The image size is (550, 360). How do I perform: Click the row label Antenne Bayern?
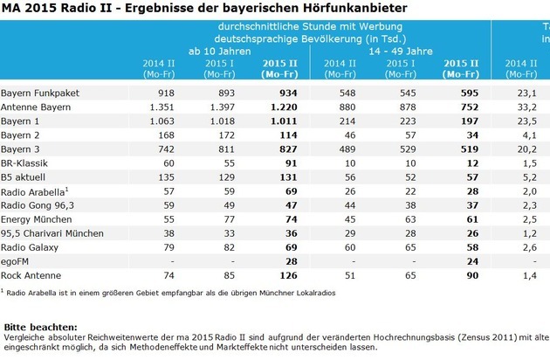[31, 107]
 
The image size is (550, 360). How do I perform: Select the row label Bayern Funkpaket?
[35, 92]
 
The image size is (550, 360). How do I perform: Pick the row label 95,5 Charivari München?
[47, 233]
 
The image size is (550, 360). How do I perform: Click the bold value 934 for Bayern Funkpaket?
[280, 92]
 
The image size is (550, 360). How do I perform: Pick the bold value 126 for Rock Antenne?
[280, 275]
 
